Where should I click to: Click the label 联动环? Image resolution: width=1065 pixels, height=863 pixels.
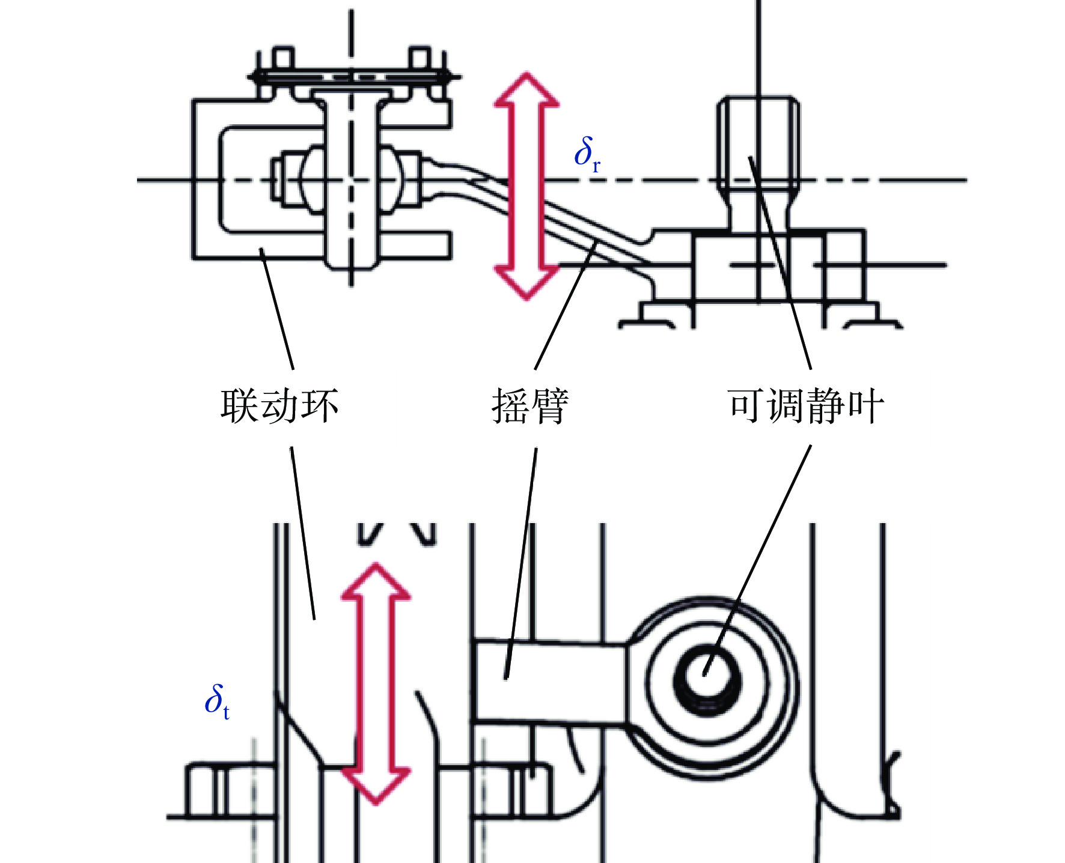pyautogui.click(x=279, y=406)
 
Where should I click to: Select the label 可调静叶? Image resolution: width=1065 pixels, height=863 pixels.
pyautogui.click(x=805, y=406)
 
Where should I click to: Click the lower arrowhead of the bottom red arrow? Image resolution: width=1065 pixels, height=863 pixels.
pyautogui.click(x=376, y=787)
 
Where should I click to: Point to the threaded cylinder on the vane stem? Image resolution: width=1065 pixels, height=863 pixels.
pyautogui.click(x=758, y=143)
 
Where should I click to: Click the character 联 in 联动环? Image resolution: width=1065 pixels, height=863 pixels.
pyautogui.click(x=240, y=406)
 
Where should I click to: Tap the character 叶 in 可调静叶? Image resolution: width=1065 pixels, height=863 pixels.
pyautogui.click(x=865, y=406)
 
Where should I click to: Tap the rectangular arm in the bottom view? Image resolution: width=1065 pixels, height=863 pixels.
pyautogui.click(x=550, y=680)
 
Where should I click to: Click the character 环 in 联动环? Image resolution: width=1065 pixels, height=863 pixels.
pyautogui.click(x=320, y=406)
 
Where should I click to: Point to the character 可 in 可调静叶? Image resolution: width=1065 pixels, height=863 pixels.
pyautogui.click(x=747, y=406)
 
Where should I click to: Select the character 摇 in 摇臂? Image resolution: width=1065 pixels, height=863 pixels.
pyautogui.click(x=511, y=406)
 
